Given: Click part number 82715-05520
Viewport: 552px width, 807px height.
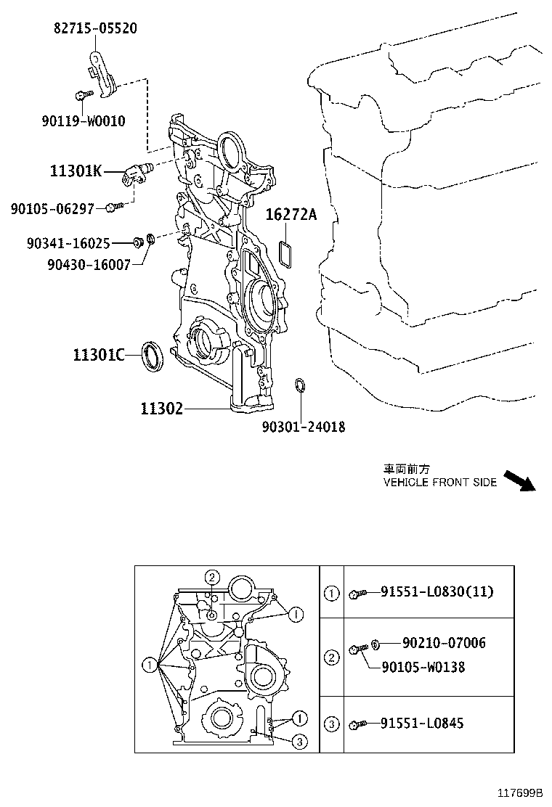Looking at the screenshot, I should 95,28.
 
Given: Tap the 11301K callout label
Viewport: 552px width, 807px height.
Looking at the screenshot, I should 76,171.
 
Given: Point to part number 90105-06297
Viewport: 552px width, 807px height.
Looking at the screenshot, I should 52,209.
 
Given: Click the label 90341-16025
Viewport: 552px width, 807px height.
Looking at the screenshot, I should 68,245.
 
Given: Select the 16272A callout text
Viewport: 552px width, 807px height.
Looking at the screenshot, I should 291,214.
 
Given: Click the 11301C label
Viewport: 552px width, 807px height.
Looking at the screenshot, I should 98,355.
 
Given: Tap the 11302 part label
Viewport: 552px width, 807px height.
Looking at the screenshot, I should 161,409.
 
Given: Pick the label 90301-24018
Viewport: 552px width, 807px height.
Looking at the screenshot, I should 304,427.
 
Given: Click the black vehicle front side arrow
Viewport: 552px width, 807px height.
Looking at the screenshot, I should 519,481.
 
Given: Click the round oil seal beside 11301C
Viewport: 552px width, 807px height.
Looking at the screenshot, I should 152,355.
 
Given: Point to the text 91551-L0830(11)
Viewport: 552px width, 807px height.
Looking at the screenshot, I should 437,591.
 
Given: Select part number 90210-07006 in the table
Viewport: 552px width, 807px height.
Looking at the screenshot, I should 444,643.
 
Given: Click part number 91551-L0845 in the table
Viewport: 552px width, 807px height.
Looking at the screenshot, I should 422,723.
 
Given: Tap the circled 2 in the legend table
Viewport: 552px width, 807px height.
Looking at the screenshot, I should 331,658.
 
